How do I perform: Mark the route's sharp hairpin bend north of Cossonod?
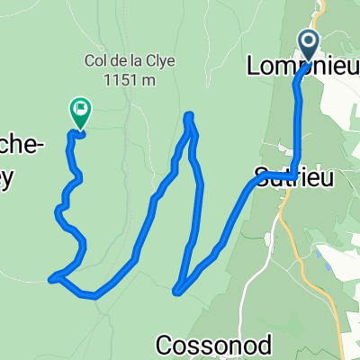pyautogui.click(x=176, y=290)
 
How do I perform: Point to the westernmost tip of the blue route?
pyautogui.click(x=51, y=279)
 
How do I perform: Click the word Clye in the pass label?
pyautogui.click(x=159, y=62)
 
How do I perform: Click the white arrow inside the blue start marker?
pyautogui.click(x=308, y=41)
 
